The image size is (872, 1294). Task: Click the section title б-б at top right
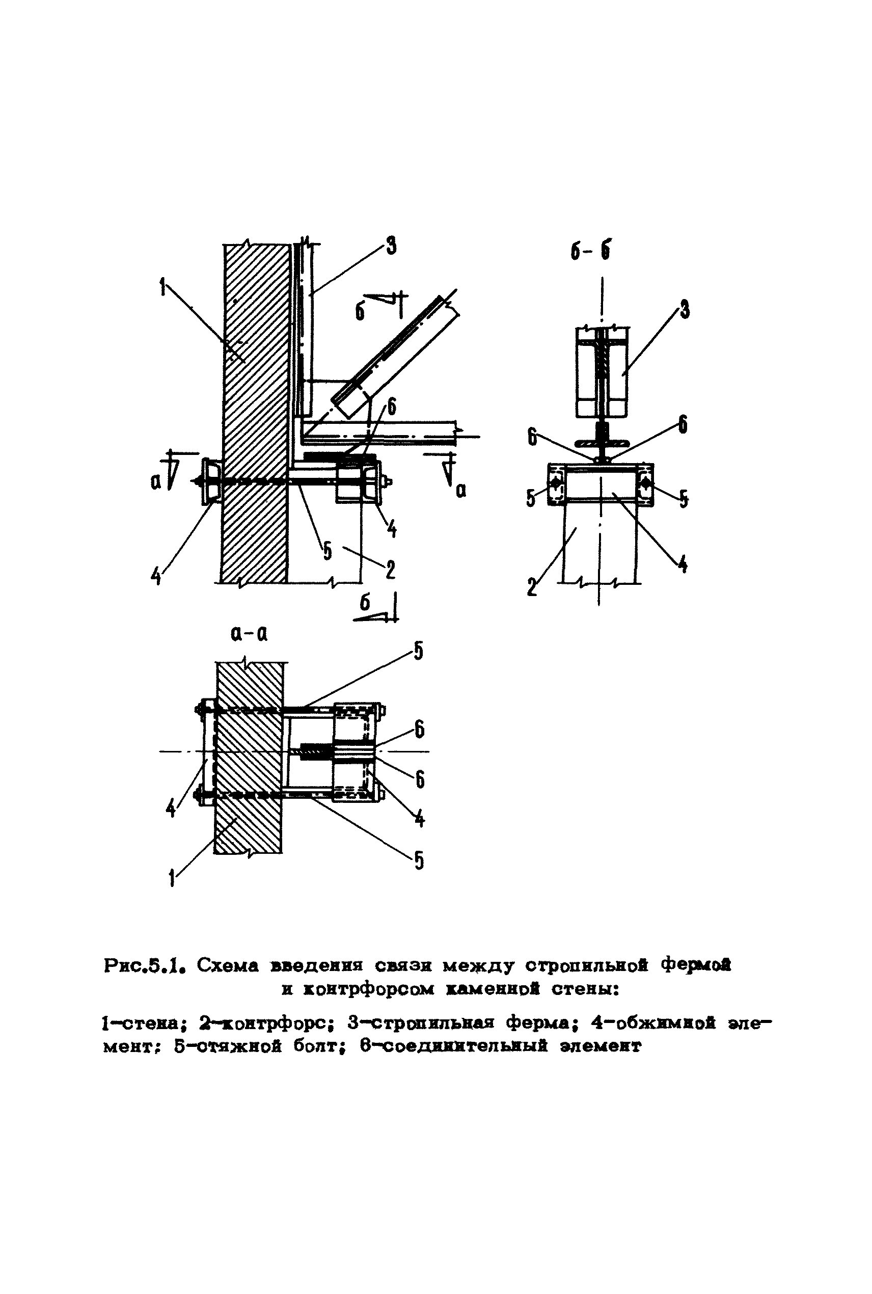(590, 252)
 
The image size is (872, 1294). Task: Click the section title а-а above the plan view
(249, 634)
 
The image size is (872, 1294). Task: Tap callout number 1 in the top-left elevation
(162, 288)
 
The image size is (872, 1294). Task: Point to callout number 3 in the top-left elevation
(391, 245)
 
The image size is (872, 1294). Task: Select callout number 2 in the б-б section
(532, 587)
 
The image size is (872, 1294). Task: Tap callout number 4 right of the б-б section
(683, 565)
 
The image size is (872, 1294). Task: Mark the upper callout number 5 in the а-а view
(418, 651)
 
